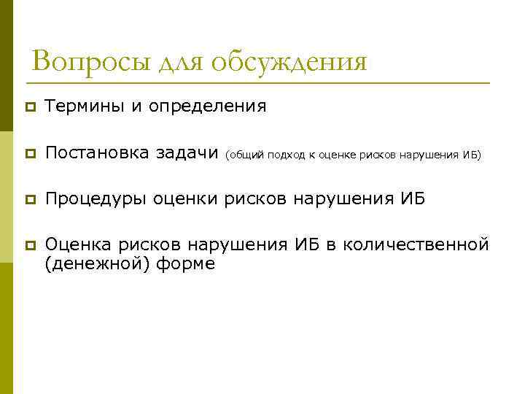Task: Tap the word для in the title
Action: (x=179, y=63)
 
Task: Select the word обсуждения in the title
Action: (x=289, y=63)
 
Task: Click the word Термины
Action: (x=85, y=107)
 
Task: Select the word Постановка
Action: (x=98, y=153)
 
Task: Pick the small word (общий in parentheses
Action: (x=244, y=155)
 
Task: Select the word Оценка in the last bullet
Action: (x=76, y=244)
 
